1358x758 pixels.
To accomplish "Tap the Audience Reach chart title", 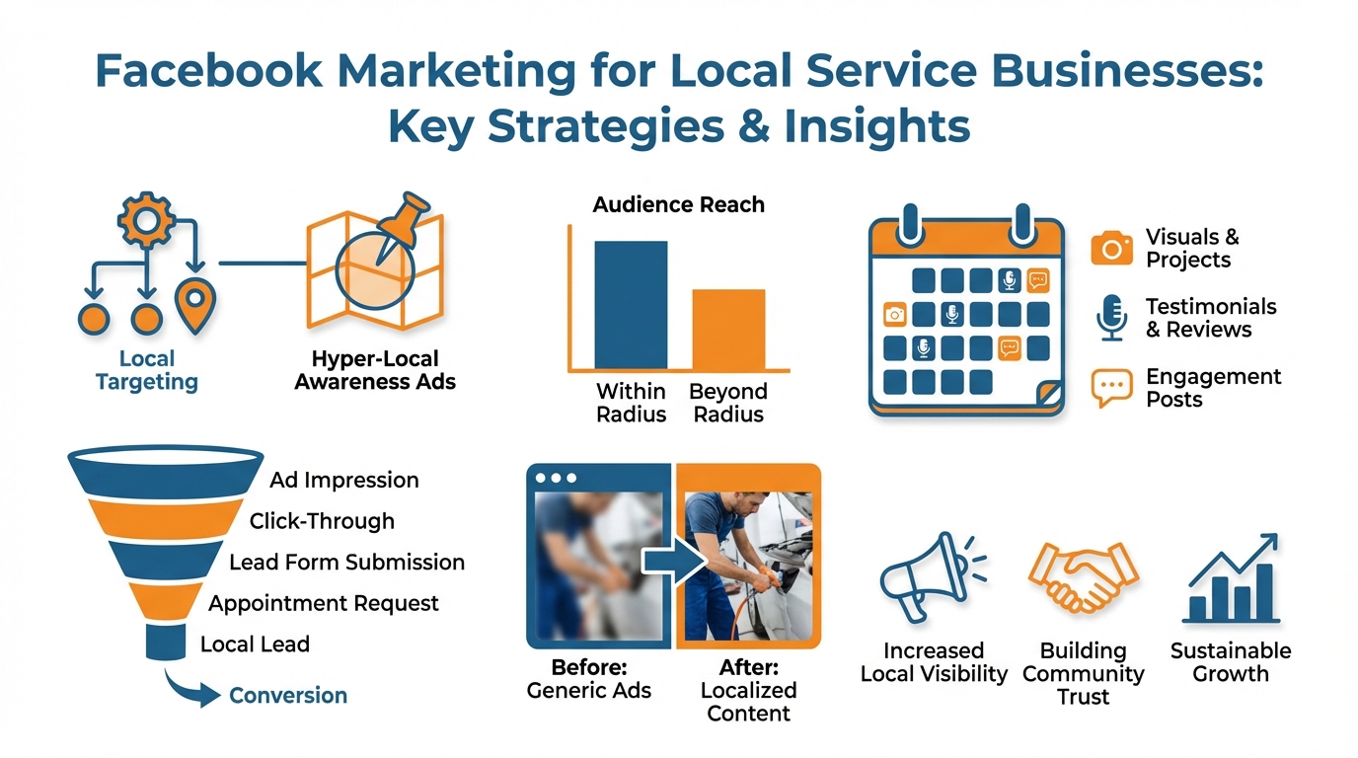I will (x=678, y=205).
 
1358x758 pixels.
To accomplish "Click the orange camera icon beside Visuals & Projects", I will (x=1112, y=249).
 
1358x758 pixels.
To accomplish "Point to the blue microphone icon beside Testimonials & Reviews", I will (x=1112, y=318).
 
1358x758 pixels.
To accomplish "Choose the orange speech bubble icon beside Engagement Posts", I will (x=1112, y=388).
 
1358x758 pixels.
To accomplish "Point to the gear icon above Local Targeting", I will (x=146, y=219).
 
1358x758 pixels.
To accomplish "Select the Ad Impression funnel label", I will (x=344, y=481).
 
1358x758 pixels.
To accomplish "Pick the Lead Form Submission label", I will (x=346, y=563).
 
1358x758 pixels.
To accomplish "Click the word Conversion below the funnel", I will (x=288, y=696).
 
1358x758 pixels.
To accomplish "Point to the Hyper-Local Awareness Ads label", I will (x=375, y=370).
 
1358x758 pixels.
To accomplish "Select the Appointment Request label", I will (x=324, y=603).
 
